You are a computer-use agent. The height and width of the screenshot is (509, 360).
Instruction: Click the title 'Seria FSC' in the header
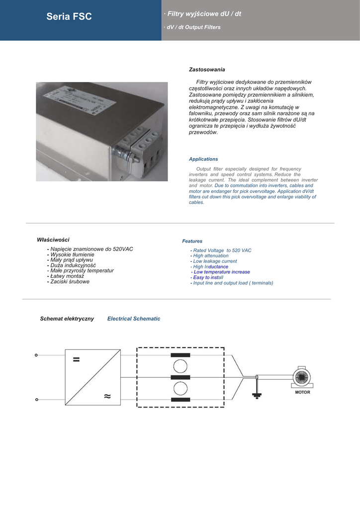click(69, 17)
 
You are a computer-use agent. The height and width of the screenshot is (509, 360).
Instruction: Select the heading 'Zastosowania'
click(207, 70)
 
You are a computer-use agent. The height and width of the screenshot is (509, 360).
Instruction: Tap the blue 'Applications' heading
click(203, 159)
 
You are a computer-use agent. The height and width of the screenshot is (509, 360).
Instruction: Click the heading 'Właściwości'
click(53, 240)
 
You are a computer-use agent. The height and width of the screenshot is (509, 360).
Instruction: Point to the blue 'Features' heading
click(192, 241)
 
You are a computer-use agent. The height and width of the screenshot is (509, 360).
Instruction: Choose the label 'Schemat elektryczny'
click(67, 319)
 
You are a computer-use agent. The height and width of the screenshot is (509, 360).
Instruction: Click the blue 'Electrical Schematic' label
click(134, 319)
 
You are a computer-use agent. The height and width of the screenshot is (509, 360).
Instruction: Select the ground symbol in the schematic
click(257, 396)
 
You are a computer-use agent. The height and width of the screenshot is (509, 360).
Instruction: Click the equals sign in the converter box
click(76, 360)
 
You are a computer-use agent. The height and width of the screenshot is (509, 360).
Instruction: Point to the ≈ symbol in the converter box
click(107, 396)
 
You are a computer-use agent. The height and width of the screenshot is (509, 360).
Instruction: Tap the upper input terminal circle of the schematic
click(36, 355)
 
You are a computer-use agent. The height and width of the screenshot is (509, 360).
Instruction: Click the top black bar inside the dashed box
click(180, 355)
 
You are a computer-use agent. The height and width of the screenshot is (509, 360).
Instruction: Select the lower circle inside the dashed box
click(180, 388)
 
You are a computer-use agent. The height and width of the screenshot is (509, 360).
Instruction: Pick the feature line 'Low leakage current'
click(215, 261)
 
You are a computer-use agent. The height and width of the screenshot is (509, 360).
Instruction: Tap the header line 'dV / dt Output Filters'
click(193, 27)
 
